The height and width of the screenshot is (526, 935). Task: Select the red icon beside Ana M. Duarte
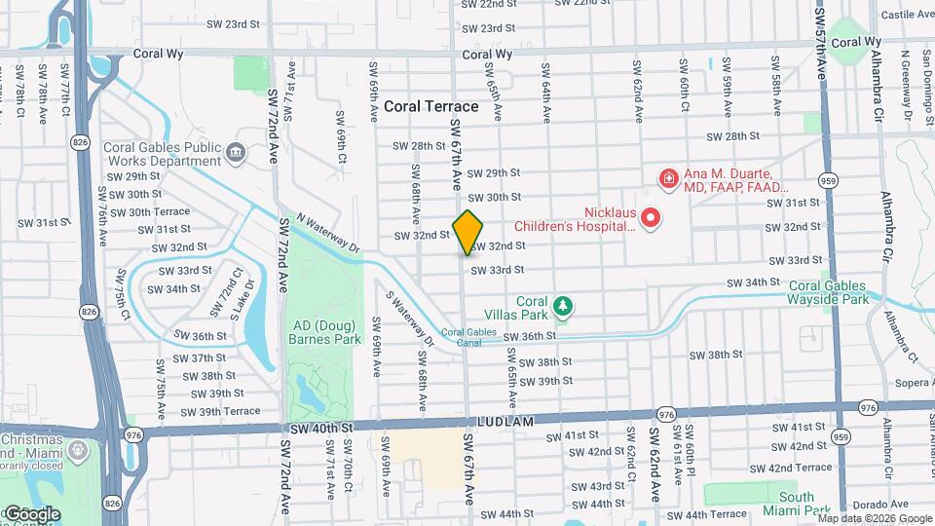click(x=669, y=178)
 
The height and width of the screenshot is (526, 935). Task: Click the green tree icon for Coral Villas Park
click(x=562, y=308)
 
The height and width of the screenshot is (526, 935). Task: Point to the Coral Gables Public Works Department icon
click(x=235, y=153)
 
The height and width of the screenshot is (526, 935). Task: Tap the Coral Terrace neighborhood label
click(x=430, y=106)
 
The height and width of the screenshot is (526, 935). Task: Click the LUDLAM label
click(x=507, y=421)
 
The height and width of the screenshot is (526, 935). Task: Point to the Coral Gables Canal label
click(x=462, y=336)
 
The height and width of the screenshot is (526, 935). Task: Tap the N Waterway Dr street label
click(x=328, y=233)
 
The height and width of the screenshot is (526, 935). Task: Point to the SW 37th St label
click(x=199, y=358)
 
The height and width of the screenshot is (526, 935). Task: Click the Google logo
click(x=32, y=513)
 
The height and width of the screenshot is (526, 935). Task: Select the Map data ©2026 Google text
click(x=875, y=518)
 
